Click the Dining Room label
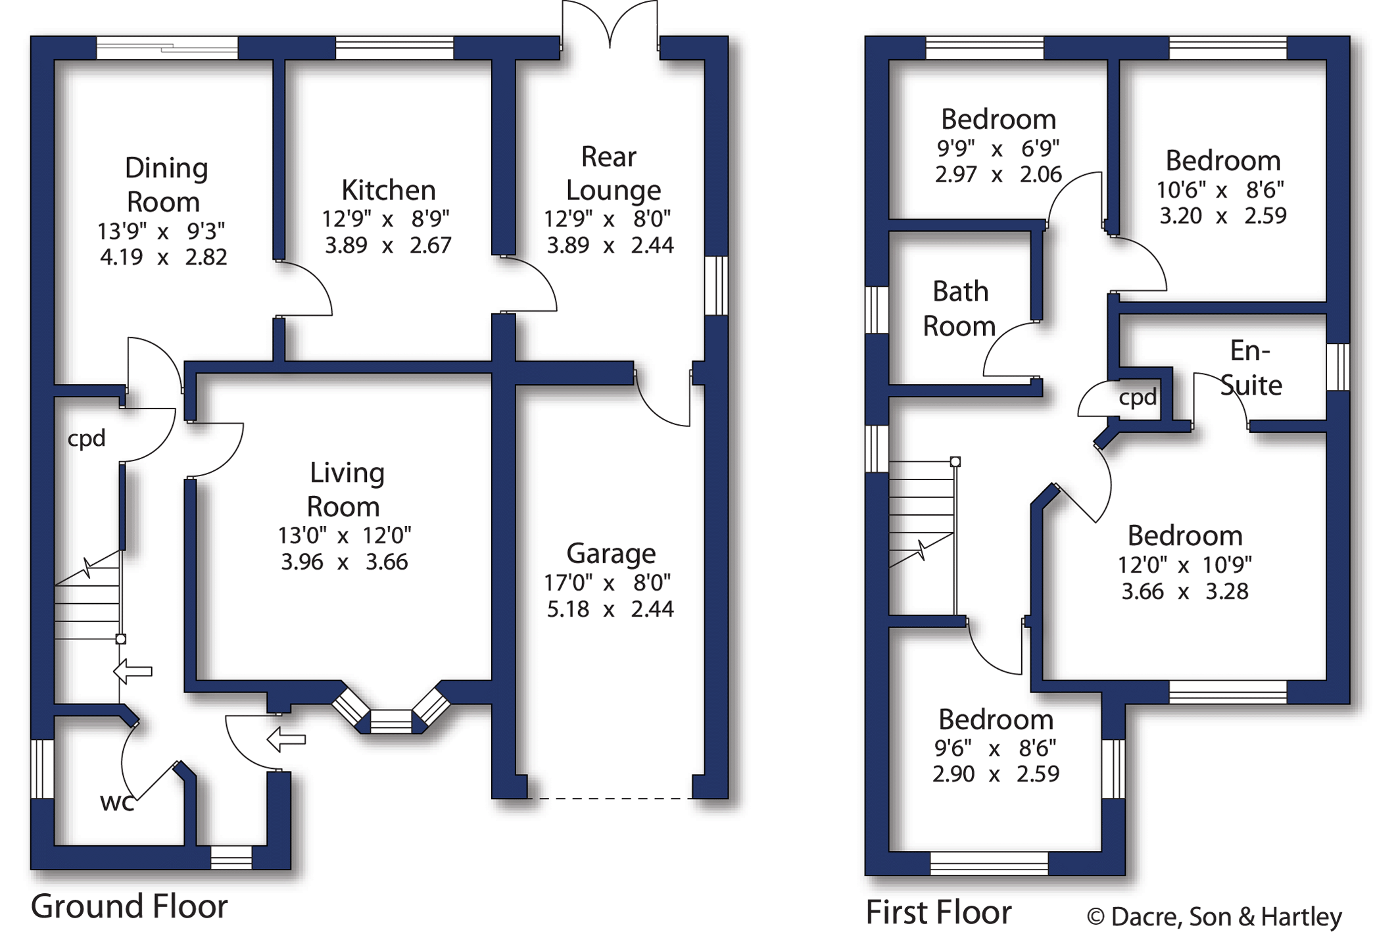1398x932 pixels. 166,185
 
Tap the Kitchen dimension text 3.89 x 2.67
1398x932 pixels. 388,245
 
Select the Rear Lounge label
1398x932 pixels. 612,174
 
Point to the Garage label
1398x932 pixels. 611,554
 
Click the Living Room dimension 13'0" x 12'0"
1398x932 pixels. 344,535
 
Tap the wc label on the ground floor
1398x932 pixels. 117,802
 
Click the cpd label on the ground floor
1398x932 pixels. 86,438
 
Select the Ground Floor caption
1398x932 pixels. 129,906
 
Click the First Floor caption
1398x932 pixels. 938,912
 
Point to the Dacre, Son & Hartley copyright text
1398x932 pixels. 1214,916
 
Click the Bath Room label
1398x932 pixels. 959,308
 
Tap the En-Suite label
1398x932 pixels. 1251,368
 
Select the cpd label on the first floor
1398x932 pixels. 1138,397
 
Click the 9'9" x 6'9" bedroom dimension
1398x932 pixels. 998,149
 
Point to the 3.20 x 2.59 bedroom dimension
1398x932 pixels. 1222,216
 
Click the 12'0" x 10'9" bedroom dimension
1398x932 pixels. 1184,564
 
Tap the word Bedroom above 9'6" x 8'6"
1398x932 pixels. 996,720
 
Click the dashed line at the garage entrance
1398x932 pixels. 610,798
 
